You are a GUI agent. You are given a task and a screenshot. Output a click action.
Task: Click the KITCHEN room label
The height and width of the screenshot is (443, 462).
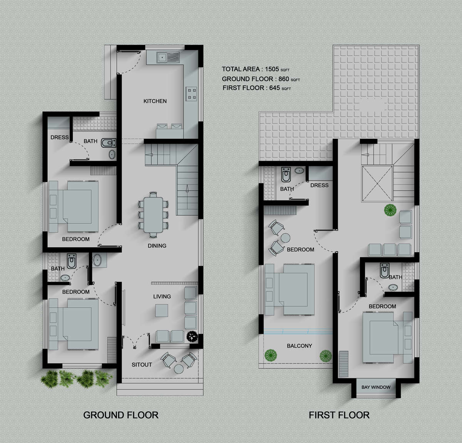coord(155,101)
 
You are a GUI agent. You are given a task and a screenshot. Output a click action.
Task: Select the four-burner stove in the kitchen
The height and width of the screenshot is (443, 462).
coord(191,94)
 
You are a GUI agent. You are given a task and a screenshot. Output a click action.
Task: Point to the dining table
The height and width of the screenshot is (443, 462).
coord(153,215)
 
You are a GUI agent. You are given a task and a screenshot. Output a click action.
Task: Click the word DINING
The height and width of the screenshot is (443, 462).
coord(157,246)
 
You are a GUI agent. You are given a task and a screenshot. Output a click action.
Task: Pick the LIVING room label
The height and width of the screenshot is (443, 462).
coord(162,296)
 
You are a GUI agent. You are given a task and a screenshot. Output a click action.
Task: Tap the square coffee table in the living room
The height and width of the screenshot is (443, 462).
coord(162,310)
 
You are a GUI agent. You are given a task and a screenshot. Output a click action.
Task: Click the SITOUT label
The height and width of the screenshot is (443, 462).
coord(142,365)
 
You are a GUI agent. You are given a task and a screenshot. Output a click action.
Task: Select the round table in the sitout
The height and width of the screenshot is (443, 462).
coord(179,369)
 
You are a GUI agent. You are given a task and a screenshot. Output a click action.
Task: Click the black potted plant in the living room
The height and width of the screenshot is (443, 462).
coord(192,336)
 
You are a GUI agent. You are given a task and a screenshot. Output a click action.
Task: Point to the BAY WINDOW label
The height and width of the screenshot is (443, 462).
coord(376,387)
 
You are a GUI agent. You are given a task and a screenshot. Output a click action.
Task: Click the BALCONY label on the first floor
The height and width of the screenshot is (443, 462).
coord(300,346)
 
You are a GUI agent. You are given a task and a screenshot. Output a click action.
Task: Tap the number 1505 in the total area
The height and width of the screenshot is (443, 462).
coord(272,69)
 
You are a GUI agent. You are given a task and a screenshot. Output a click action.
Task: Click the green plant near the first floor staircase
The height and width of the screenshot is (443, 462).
coord(390,210)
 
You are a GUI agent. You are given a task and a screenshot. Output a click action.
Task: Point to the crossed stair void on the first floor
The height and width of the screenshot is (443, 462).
coord(377,183)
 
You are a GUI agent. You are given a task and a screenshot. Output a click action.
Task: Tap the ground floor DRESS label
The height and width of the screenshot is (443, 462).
coord(60,137)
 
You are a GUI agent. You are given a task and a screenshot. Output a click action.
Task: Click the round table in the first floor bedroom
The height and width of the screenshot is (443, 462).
coord(285,238)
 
